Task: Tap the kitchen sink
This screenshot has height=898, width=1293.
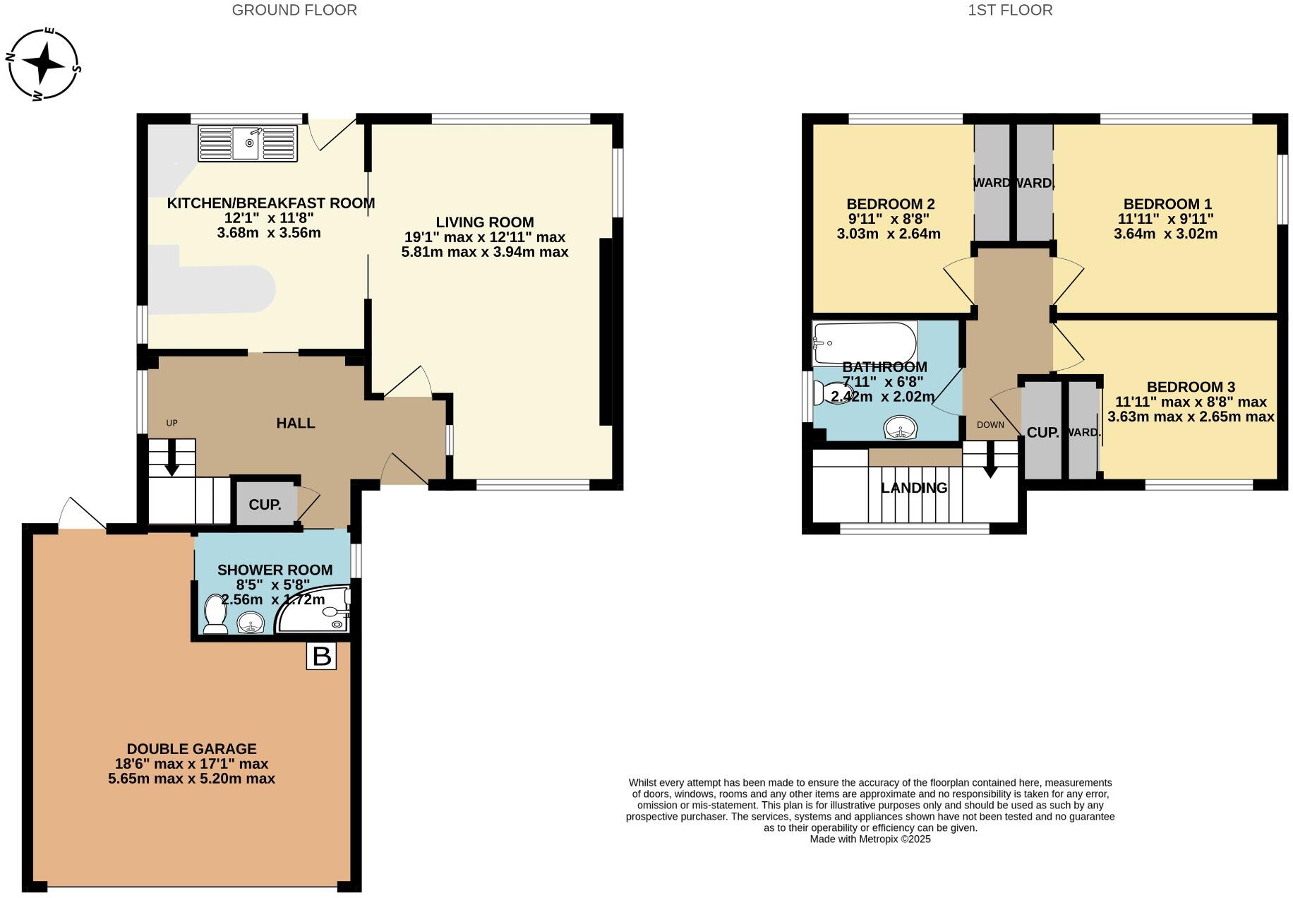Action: [248, 143]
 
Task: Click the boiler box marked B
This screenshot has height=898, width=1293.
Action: [321, 656]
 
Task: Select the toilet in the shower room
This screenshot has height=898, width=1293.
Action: [214, 614]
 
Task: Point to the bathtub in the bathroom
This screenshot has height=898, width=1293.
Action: [865, 342]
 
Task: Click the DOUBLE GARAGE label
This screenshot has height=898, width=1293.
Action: [191, 748]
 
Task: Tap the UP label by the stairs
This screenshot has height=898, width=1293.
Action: [172, 423]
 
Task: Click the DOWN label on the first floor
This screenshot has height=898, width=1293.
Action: [990, 424]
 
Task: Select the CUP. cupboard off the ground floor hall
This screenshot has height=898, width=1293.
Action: [265, 504]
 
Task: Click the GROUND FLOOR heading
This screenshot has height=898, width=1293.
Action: [294, 10]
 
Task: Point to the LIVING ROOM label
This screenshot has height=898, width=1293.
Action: [484, 222]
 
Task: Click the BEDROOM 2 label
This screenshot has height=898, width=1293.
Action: [890, 204]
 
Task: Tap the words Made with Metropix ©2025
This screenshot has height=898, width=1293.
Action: [870, 839]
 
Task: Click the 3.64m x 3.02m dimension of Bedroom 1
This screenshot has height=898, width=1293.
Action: [1165, 234]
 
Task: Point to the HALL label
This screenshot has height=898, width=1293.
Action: [295, 423]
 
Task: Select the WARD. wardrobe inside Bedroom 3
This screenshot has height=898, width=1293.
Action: [1083, 432]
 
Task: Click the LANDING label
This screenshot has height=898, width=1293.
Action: [914, 488]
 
